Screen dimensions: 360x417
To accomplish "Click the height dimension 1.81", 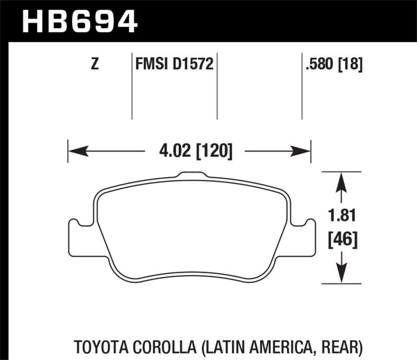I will [x=341, y=215].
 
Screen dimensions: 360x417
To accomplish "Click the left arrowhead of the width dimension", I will [x=76, y=152].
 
